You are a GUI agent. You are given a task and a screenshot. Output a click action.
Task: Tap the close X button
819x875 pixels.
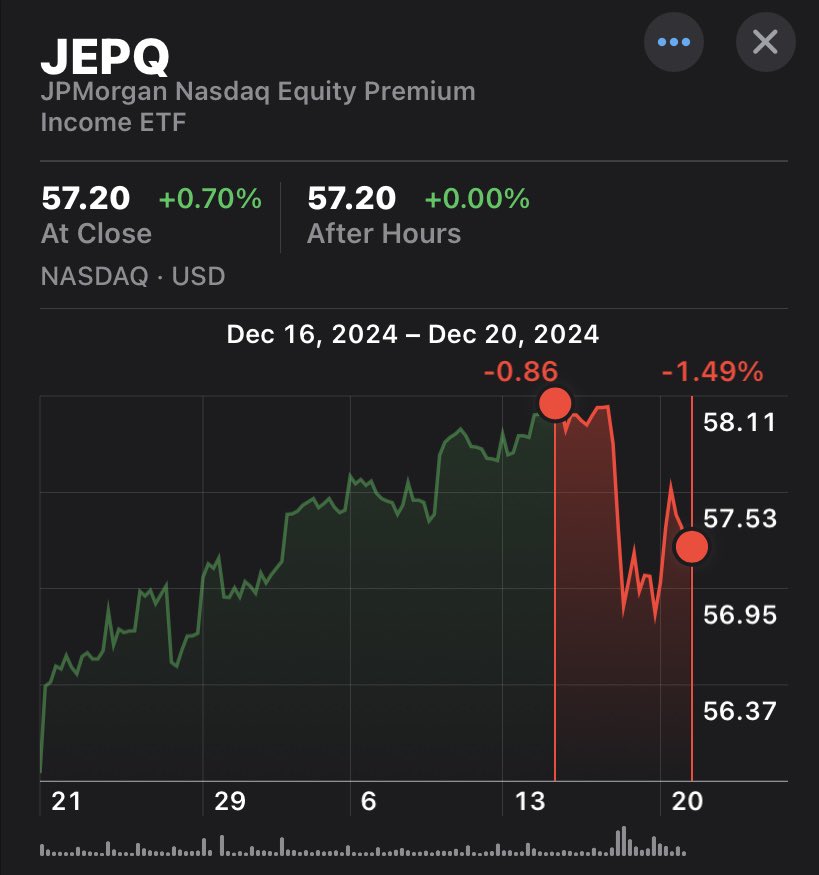[x=765, y=42]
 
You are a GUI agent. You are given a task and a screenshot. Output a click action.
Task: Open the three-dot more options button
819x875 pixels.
[x=673, y=42]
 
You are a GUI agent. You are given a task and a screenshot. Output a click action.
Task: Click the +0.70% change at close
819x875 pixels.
[x=210, y=199]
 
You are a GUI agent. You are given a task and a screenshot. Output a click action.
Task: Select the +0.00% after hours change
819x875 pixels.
[x=477, y=199]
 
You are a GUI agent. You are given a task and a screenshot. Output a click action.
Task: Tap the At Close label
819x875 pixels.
[x=96, y=234]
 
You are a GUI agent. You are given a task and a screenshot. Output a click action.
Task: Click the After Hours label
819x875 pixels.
[x=384, y=234]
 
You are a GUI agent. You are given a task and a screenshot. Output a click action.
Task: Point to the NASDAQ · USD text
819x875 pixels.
[x=133, y=276]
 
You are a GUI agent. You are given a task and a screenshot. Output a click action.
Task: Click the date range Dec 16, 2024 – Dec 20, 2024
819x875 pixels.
[x=413, y=334]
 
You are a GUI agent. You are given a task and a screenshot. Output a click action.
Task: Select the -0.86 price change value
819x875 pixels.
[x=520, y=373]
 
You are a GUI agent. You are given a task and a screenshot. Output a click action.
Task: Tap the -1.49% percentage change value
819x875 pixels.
[x=712, y=373]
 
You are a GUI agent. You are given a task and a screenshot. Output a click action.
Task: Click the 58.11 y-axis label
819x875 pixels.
[x=740, y=422]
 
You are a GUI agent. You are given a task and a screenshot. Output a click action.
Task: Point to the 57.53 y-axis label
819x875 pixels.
[x=740, y=518]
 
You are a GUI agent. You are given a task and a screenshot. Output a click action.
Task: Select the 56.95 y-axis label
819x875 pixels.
[x=740, y=614]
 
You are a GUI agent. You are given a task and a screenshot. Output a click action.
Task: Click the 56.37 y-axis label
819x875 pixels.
[x=740, y=711]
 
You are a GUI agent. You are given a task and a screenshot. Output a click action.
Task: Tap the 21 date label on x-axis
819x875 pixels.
[x=66, y=802]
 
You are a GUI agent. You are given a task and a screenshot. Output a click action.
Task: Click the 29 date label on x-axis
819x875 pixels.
[x=229, y=802]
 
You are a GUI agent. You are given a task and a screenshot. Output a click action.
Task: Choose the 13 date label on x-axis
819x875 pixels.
[x=529, y=802]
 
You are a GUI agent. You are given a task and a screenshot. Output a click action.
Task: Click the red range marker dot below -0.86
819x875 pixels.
[x=554, y=403]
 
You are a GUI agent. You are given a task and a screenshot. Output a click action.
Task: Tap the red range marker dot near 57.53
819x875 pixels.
[x=692, y=546]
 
